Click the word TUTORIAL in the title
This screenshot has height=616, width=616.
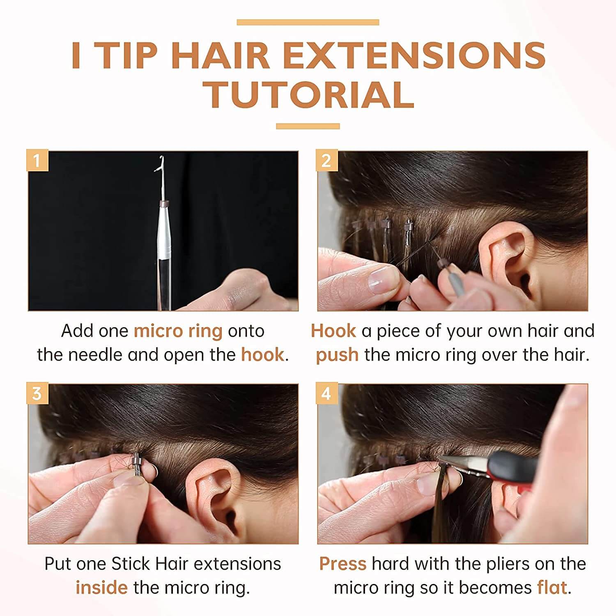click(x=310, y=95)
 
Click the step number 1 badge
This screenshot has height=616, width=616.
click(x=37, y=161)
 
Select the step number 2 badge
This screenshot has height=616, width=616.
click(x=327, y=161)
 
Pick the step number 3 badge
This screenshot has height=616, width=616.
click(x=37, y=393)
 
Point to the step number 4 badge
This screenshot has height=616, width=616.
click(x=327, y=393)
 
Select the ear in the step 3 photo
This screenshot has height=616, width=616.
click(x=214, y=493)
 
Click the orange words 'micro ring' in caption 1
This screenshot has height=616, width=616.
click(x=178, y=331)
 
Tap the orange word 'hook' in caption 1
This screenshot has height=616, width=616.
click(x=262, y=354)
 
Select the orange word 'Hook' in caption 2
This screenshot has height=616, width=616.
click(x=333, y=331)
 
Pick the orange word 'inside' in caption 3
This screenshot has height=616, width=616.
click(x=101, y=587)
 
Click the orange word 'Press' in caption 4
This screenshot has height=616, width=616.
click(x=343, y=564)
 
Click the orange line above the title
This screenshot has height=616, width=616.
click(x=308, y=22)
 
